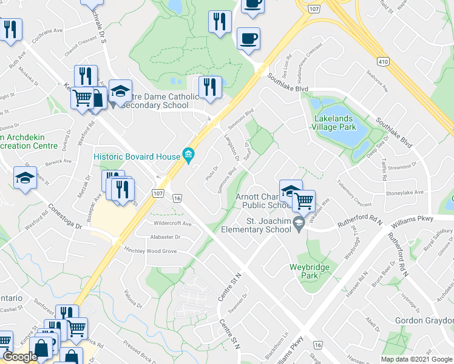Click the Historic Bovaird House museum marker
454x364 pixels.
point(189,157)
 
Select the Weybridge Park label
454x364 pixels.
point(302,271)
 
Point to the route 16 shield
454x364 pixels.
point(177,198)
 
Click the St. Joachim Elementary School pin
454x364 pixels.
point(298,224)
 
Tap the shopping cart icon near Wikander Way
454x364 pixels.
point(303,200)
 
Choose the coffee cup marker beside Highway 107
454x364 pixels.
point(248,39)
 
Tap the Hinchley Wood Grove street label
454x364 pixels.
point(150,251)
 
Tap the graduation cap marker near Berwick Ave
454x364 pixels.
point(25,178)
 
